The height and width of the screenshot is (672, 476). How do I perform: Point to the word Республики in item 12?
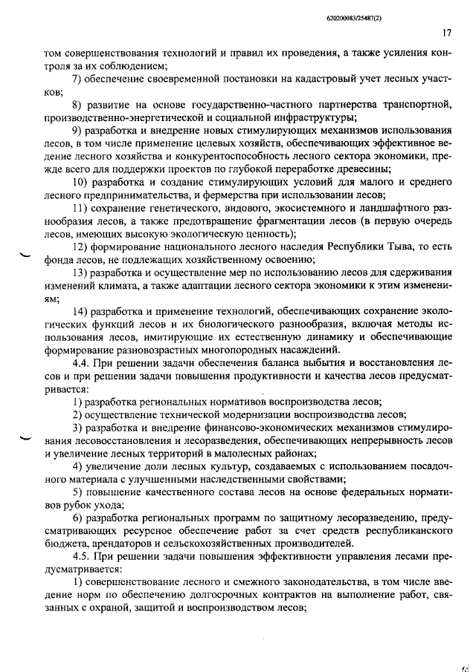(357, 247)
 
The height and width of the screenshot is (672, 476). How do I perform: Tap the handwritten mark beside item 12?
(24, 255)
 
